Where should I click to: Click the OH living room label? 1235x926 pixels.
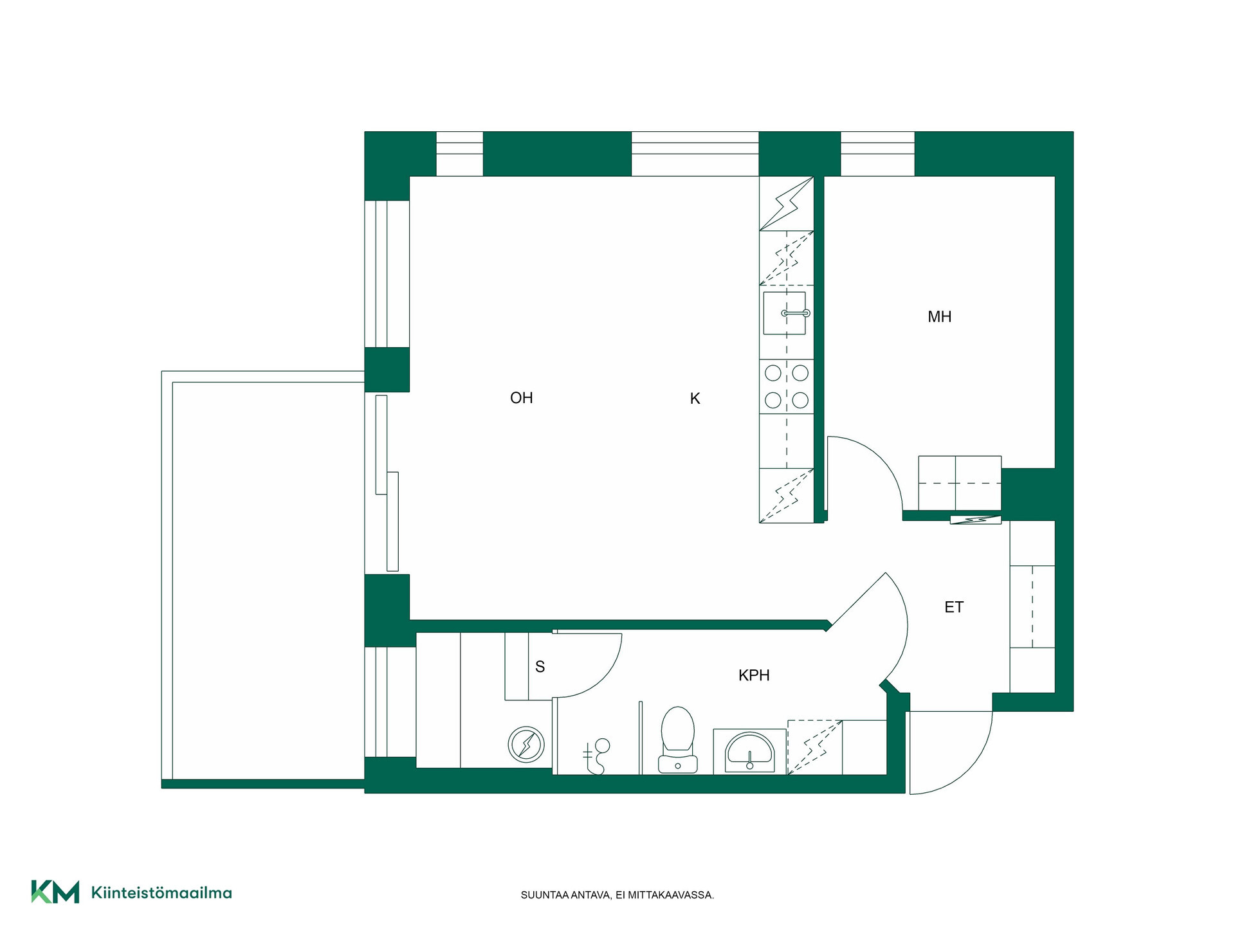coord(522,398)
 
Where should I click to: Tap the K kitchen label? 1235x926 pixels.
coord(695,399)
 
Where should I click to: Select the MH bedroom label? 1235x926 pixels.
coord(940,316)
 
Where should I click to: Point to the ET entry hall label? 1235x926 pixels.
coord(954,607)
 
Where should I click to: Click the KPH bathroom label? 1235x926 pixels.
coord(754,675)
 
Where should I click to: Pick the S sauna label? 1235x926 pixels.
coord(540,667)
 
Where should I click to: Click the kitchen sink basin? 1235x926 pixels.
coord(785,313)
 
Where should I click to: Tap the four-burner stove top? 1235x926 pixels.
coord(787,386)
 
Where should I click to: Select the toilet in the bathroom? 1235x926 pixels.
coord(678,740)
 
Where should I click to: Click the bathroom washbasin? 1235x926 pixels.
coord(750,751)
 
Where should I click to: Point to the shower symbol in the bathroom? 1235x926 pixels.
coord(596,758)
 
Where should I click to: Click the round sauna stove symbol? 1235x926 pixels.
coord(526,745)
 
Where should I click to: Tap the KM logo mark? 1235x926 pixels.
coord(55,892)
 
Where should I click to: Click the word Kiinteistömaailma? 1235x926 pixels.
coord(161,893)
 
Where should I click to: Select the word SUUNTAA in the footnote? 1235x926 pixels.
coord(545,895)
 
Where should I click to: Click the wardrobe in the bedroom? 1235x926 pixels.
coord(960,483)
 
